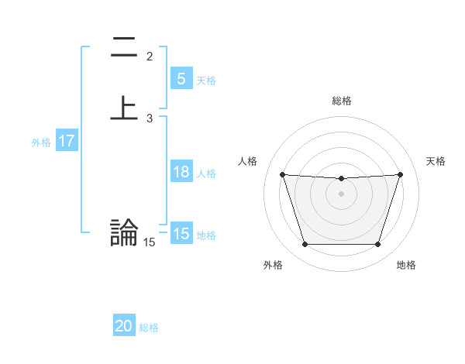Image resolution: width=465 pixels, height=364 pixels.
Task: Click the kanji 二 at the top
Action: click(x=124, y=49)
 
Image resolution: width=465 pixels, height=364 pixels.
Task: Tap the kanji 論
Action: click(x=124, y=232)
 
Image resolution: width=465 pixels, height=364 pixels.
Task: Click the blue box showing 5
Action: click(x=181, y=78)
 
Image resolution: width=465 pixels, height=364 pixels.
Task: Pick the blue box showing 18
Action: click(x=181, y=172)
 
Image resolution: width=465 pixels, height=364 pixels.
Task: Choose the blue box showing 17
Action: click(x=67, y=142)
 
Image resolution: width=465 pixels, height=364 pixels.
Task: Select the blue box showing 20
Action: click(x=124, y=326)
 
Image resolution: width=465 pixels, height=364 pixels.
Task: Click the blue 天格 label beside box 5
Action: click(x=206, y=81)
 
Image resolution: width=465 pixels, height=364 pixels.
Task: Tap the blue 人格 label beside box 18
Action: click(x=206, y=173)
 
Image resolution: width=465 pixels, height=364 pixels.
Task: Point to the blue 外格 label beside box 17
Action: click(x=41, y=143)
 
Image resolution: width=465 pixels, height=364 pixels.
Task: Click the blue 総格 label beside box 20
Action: click(x=149, y=328)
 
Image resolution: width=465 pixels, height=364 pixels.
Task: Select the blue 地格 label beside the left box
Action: click(x=206, y=235)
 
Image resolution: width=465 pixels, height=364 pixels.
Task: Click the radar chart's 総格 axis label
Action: click(x=341, y=101)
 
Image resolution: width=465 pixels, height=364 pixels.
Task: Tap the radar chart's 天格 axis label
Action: click(x=436, y=161)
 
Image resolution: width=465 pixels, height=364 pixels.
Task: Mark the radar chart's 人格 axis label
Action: click(x=247, y=161)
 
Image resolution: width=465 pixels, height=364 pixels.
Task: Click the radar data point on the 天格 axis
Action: click(x=401, y=174)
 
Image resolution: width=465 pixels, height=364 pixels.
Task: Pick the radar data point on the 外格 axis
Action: click(x=305, y=245)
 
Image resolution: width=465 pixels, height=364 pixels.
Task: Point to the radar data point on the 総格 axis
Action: click(x=341, y=179)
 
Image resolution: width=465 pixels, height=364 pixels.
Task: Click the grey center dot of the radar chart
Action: click(x=341, y=193)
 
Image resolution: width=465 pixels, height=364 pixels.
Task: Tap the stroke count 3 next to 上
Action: click(x=150, y=118)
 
